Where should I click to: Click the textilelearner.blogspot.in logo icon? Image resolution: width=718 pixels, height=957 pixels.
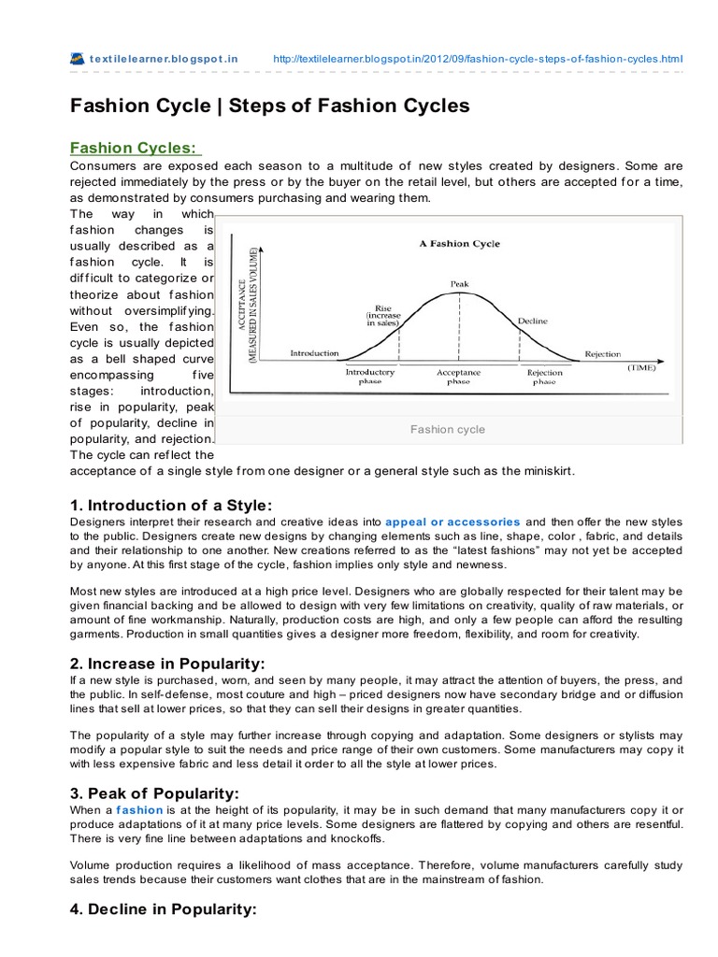tap(78, 59)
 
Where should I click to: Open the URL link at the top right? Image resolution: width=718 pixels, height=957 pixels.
tap(478, 59)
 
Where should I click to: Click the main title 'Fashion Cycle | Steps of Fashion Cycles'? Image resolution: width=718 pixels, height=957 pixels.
tap(270, 107)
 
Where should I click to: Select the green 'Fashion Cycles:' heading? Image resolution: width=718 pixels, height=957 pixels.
tap(135, 150)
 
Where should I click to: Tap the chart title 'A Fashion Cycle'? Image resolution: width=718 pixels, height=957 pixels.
tap(459, 244)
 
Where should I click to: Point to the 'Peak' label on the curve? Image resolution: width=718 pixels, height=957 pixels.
tap(459, 282)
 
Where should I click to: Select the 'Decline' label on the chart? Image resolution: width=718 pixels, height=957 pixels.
tap(532, 321)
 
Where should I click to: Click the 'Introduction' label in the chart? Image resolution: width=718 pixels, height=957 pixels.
tap(314, 353)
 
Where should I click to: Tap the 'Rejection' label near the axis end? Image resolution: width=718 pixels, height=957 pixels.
tap(603, 353)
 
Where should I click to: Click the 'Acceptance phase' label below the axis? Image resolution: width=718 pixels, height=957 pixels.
tap(458, 377)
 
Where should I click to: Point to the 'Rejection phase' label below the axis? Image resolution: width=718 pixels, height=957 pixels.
tap(545, 377)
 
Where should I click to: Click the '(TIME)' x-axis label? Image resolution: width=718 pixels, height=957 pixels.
tap(641, 369)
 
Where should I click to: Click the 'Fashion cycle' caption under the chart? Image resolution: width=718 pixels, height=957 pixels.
tap(448, 430)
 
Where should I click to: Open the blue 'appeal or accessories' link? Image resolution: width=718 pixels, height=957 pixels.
tap(452, 521)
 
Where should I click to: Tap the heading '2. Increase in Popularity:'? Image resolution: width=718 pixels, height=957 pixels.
tap(160, 664)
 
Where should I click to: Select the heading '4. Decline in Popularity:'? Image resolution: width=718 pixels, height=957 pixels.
tap(163, 907)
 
